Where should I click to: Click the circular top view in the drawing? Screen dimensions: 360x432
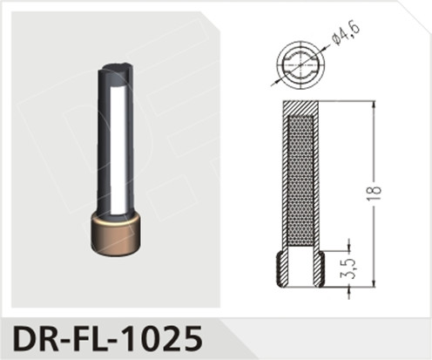[297, 64]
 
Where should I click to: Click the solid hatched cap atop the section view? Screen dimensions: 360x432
[298, 106]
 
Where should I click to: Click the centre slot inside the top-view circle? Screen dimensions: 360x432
[297, 64]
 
